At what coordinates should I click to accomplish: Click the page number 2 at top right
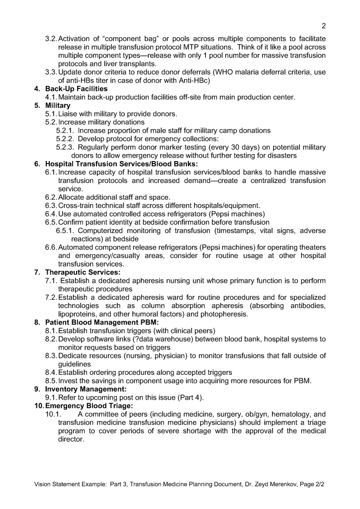tap(324, 26)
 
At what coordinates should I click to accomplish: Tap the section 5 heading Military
tap(58, 106)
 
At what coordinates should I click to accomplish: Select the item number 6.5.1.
tap(65, 231)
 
